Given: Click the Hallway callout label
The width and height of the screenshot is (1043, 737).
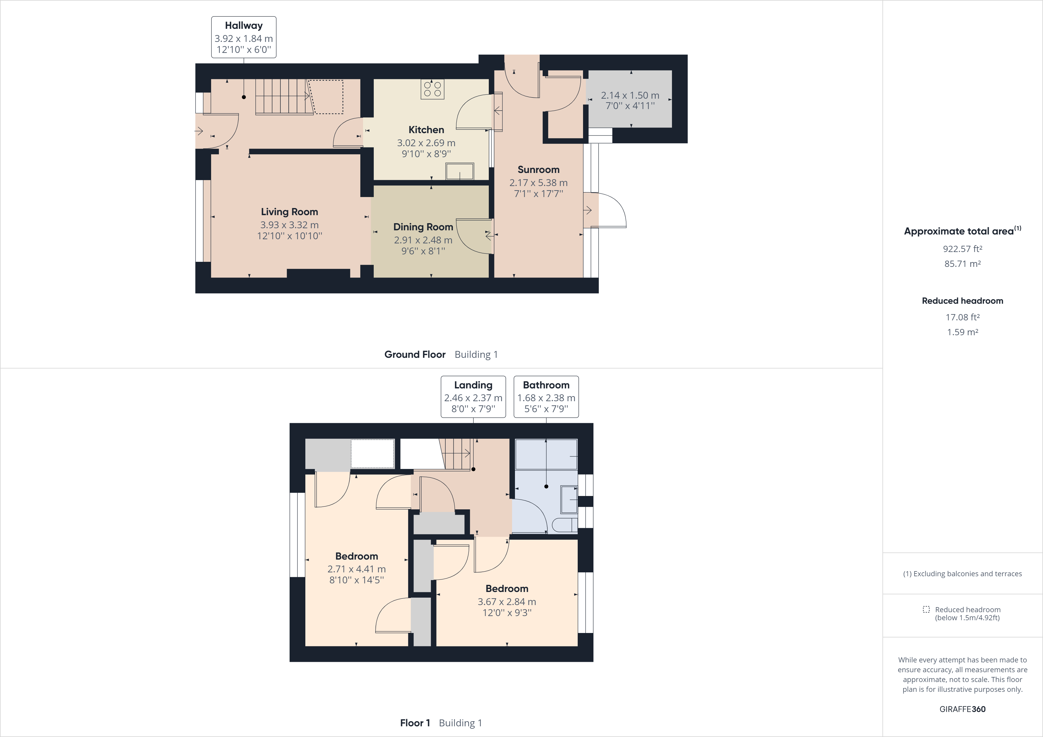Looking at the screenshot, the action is (244, 37).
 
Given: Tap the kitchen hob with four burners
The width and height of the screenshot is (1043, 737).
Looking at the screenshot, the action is (432, 89).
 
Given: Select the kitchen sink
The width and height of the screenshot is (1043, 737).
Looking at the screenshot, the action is (460, 172).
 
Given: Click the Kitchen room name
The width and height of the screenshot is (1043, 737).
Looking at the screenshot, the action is (426, 130).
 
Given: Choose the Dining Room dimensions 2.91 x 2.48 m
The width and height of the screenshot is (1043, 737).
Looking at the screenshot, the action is (423, 240).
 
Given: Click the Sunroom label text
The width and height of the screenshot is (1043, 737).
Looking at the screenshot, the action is (538, 169).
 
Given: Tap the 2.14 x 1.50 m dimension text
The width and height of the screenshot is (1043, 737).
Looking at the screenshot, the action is (630, 95).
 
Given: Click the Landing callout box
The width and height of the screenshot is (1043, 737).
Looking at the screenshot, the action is (473, 396).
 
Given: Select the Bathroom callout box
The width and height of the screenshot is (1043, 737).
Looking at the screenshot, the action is (546, 396).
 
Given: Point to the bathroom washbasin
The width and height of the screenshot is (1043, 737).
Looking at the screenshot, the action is (569, 500).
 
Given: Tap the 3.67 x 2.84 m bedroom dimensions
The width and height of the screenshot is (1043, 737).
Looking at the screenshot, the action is (507, 602).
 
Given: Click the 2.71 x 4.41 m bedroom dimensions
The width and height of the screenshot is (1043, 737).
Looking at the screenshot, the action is (356, 569).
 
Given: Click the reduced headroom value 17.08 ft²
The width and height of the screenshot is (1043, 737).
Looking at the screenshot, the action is (962, 317).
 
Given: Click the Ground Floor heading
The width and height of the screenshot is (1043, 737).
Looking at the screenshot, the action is (415, 355).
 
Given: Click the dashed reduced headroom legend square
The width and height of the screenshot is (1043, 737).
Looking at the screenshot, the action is (926, 610).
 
